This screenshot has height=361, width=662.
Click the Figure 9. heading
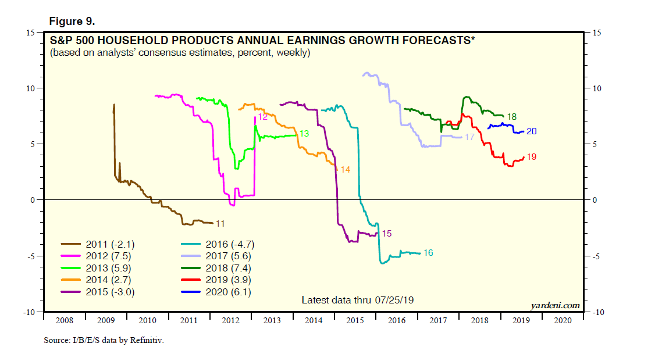pyautogui.click(x=72, y=22)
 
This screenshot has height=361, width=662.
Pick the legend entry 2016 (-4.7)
pyautogui.click(x=230, y=244)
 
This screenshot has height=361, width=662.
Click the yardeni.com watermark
pyautogui.click(x=555, y=305)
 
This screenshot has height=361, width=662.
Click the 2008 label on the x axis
pyautogui.click(x=64, y=320)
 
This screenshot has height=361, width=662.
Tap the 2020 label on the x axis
pyautogui.click(x=562, y=320)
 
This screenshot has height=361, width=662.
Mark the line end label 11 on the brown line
pyautogui.click(x=220, y=223)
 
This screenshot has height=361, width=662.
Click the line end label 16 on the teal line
pyautogui.click(x=428, y=253)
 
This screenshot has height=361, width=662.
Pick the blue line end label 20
pyautogui.click(x=531, y=132)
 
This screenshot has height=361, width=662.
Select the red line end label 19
pyautogui.click(x=531, y=157)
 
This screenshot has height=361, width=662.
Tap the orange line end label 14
pyautogui.click(x=345, y=170)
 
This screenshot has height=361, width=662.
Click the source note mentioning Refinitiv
pyautogui.click(x=104, y=339)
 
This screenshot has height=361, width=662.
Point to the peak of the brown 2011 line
pyautogui.click(x=114, y=105)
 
